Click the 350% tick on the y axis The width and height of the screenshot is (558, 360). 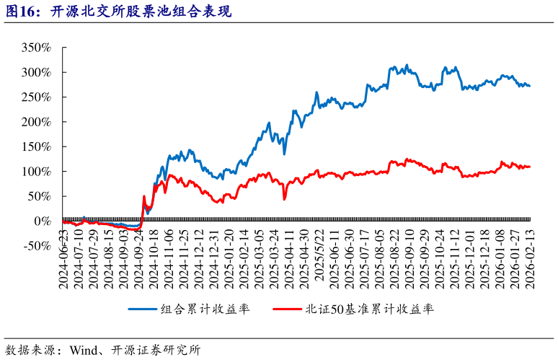point(36,48)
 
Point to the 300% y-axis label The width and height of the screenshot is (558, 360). point(36,72)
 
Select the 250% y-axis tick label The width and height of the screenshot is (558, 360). point(36,97)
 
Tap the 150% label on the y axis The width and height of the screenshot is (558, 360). point(36,146)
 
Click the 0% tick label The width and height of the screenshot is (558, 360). point(42,221)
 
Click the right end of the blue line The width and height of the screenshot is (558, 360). point(530,86)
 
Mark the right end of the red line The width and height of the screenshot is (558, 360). point(530,167)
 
